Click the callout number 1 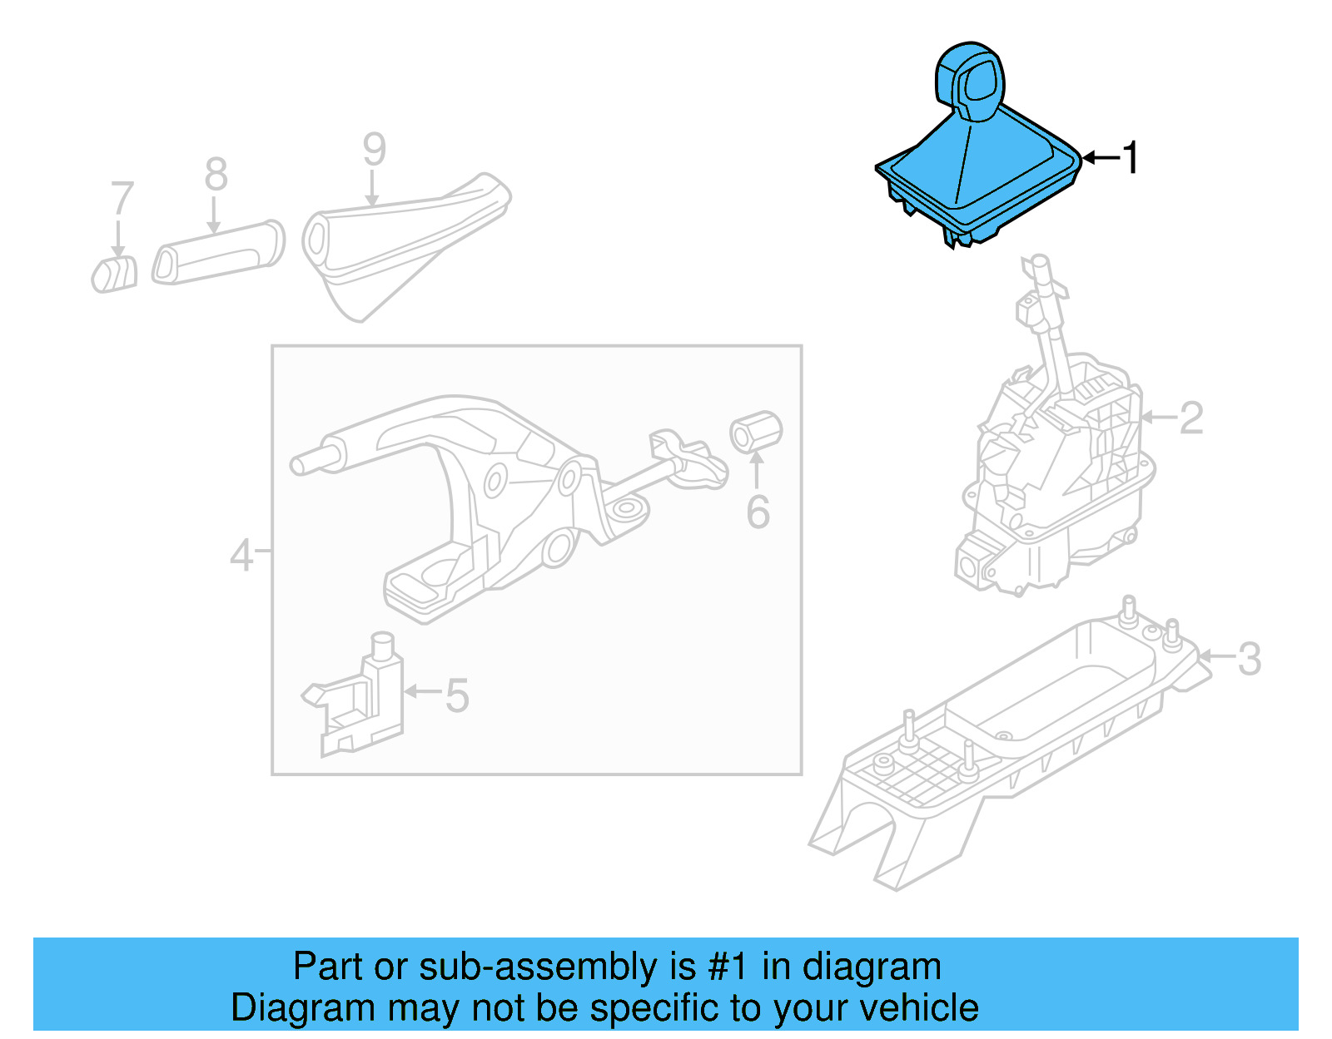pos(1130,157)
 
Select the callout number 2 pos(1191,418)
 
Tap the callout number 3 pos(1249,659)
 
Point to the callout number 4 pos(241,555)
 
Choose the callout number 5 pos(457,695)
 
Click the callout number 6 pos(758,512)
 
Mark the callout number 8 pos(216,175)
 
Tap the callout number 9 pos(374,150)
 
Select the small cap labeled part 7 pos(115,275)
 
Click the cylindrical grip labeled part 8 pos(218,252)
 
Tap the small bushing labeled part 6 pos(756,432)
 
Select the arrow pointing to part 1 pos(1101,157)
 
